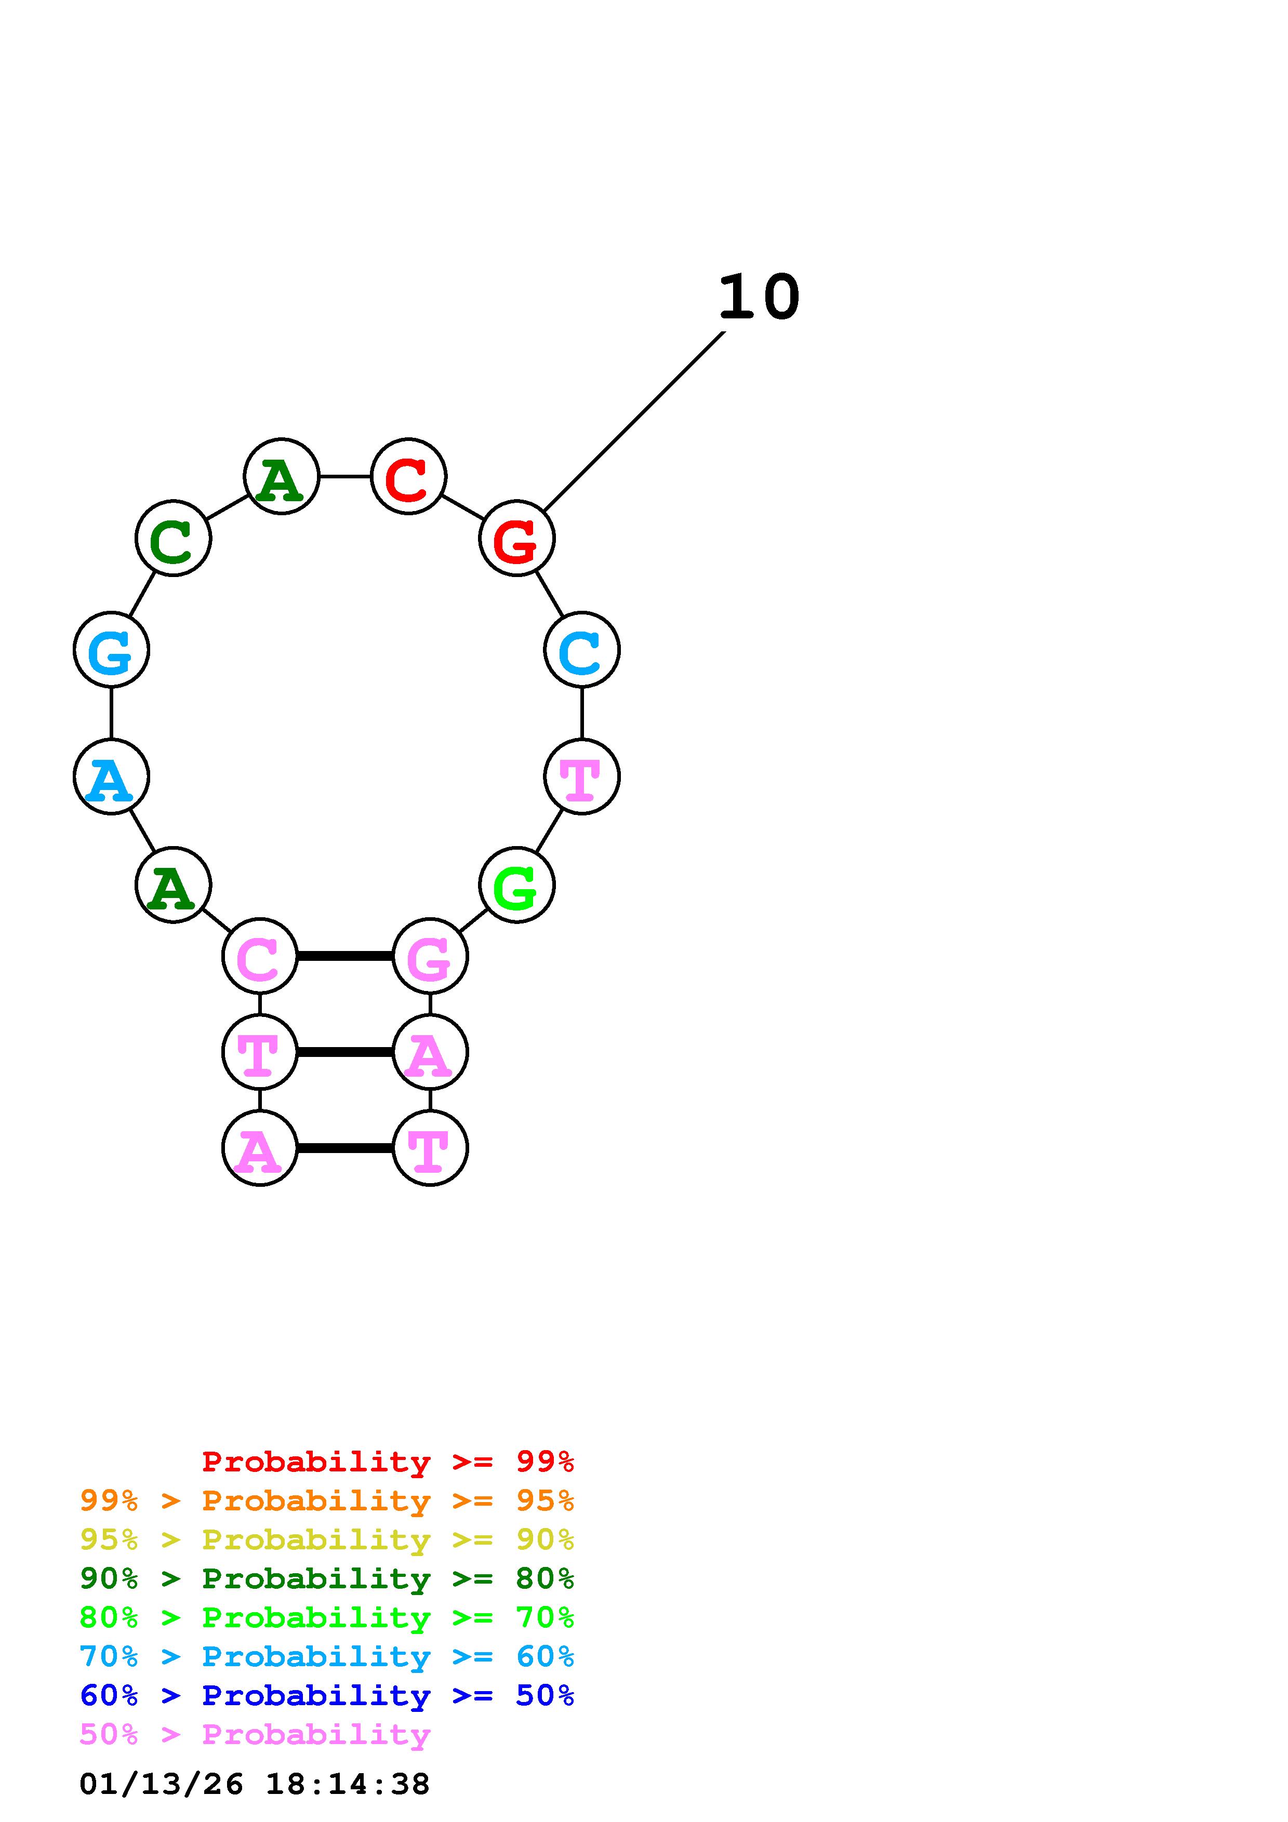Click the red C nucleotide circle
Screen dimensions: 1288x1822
click(x=409, y=476)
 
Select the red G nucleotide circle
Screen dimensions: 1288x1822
click(x=516, y=539)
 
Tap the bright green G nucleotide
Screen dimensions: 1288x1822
click(x=516, y=885)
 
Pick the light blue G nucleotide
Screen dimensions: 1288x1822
click(x=111, y=650)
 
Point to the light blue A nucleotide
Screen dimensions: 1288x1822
click(x=111, y=776)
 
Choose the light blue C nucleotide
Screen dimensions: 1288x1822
click(x=582, y=650)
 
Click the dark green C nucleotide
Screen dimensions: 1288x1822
click(x=173, y=539)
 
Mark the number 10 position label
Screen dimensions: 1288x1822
click(x=759, y=298)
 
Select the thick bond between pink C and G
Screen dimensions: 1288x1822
click(x=344, y=956)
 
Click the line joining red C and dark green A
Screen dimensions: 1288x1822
click(x=345, y=476)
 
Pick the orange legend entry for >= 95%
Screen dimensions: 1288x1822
click(x=327, y=1501)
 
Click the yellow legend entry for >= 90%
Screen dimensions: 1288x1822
click(x=327, y=1539)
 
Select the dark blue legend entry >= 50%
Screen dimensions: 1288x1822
click(x=327, y=1695)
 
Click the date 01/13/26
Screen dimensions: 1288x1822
click(x=161, y=1784)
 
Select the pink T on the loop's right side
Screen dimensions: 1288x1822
click(x=582, y=776)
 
